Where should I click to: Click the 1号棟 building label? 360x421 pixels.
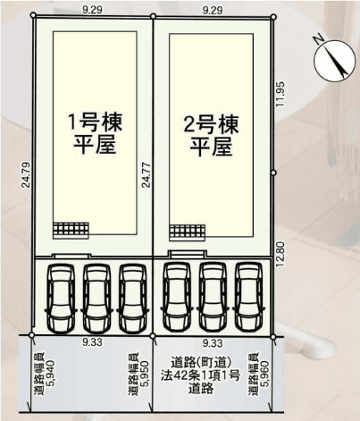click(96, 122)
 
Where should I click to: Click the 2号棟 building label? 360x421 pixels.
click(211, 125)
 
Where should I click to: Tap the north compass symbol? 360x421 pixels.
click(334, 59)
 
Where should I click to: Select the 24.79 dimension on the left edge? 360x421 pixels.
click(26, 174)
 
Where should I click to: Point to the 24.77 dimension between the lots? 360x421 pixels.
click(146, 174)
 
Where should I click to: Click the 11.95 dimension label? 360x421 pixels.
click(280, 95)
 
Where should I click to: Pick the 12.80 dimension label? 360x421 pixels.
click(280, 255)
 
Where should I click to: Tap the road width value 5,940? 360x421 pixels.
click(50, 374)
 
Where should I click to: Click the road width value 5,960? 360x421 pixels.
click(264, 375)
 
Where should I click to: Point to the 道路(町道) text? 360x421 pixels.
click(201, 363)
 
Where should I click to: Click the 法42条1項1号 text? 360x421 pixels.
click(200, 375)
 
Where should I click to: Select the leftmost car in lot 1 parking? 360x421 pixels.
click(62, 299)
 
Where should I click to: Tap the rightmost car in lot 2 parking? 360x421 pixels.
click(249, 297)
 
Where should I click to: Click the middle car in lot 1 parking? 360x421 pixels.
click(96, 299)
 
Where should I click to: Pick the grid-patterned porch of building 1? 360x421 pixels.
click(71, 231)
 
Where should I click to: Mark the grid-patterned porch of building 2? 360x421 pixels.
click(188, 232)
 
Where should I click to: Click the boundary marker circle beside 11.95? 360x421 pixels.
click(274, 173)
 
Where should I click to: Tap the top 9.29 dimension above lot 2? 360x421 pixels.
click(213, 11)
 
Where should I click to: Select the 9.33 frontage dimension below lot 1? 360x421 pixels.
click(93, 342)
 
